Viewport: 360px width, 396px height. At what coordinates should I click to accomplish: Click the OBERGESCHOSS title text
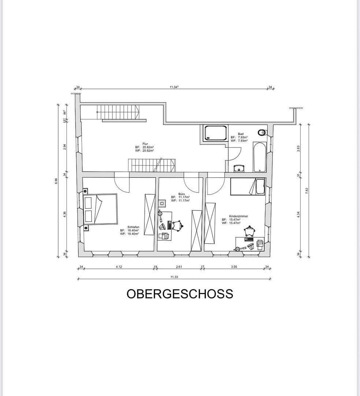[180, 294]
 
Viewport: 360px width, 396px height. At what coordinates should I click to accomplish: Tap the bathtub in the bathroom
[260, 157]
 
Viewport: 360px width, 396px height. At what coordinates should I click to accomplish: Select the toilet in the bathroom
[261, 132]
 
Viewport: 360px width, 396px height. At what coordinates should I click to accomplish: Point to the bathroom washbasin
[240, 168]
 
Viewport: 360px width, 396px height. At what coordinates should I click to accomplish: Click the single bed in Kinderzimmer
[247, 187]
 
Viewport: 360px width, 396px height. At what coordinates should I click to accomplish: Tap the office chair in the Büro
[178, 225]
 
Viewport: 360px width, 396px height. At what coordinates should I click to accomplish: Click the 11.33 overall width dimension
[174, 277]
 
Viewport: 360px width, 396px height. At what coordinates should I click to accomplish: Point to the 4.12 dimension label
[119, 267]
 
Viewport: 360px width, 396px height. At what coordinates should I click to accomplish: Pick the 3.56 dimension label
[234, 267]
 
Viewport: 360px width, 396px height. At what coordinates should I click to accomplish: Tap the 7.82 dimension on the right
[307, 191]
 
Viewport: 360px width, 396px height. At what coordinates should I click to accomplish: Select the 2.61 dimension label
[179, 267]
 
